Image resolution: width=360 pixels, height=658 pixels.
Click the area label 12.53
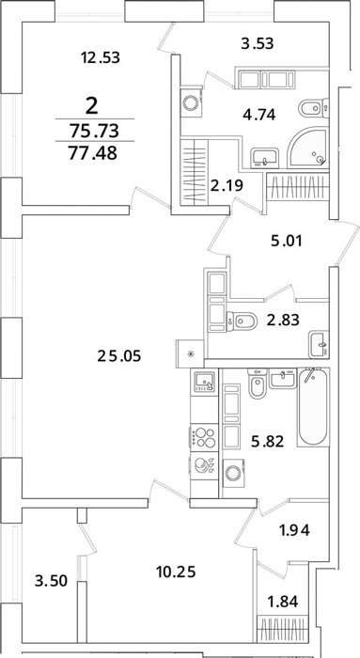click(101, 57)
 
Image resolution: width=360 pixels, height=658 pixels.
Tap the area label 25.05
click(119, 356)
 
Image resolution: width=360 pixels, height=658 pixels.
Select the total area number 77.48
click(95, 153)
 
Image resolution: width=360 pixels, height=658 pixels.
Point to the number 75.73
click(95, 131)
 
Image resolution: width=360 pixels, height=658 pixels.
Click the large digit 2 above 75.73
click(91, 105)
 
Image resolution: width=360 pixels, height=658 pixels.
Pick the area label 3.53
click(258, 43)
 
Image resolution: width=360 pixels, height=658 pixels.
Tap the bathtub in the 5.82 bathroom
click(313, 407)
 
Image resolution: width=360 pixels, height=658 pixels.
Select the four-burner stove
click(204, 437)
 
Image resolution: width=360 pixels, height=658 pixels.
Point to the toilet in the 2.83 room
click(242, 321)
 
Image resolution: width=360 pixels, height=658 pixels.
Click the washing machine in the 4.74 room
click(192, 102)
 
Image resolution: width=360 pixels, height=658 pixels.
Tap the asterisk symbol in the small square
click(191, 353)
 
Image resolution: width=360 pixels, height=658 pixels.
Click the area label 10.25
click(176, 572)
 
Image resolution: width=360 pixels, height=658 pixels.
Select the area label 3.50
click(51, 582)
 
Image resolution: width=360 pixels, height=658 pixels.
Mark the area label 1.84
click(283, 602)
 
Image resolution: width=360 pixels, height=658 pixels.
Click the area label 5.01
click(285, 242)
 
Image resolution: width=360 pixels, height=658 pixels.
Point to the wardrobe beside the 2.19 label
click(195, 172)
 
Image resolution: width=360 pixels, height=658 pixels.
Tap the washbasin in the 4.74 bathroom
click(265, 158)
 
